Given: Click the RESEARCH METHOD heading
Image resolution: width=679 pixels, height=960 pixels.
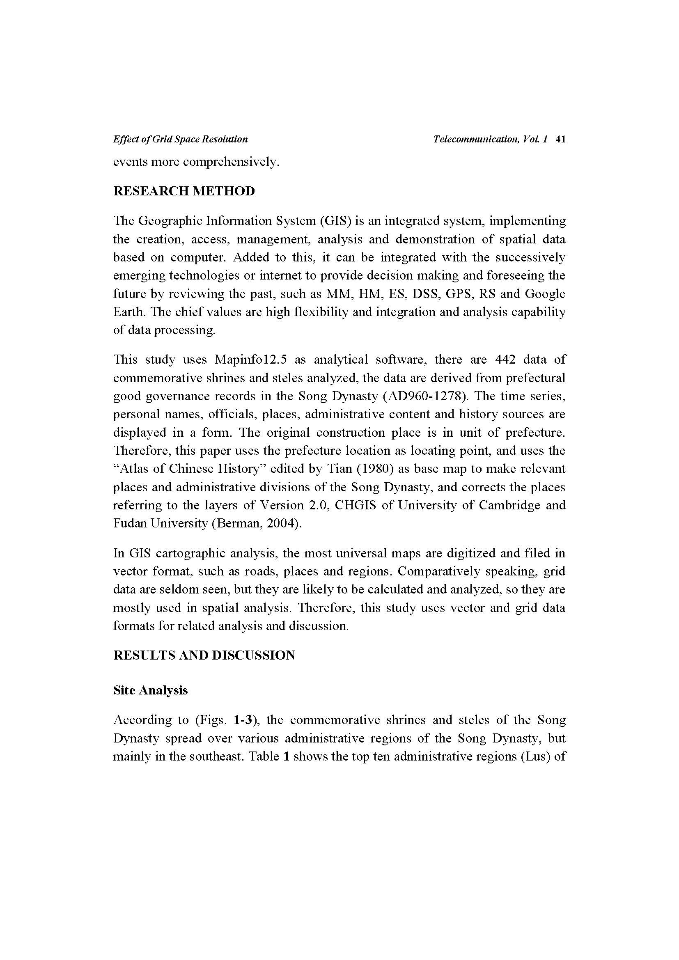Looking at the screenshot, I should [184, 191].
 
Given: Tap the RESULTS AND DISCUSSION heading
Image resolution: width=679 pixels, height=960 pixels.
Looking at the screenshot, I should [204, 655].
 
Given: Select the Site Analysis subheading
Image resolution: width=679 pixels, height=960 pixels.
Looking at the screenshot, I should [151, 690].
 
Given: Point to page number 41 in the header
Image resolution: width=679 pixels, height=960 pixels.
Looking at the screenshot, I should [560, 139].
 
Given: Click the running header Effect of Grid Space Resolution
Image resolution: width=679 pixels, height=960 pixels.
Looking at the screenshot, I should [180, 139].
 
